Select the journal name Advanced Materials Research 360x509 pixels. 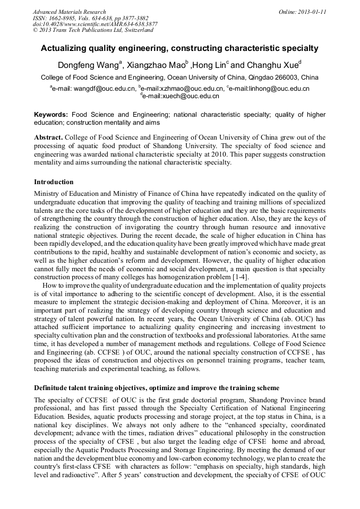pyautogui.click(x=69, y=12)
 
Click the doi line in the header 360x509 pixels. pyautogui.click(x=95, y=24)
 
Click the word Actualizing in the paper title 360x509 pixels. pyautogui.click(x=64, y=48)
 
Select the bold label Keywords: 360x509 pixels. pyautogui.click(x=51, y=115)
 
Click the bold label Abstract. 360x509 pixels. pyautogui.click(x=48, y=137)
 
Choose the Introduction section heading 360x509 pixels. pyautogui.click(x=54, y=182)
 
